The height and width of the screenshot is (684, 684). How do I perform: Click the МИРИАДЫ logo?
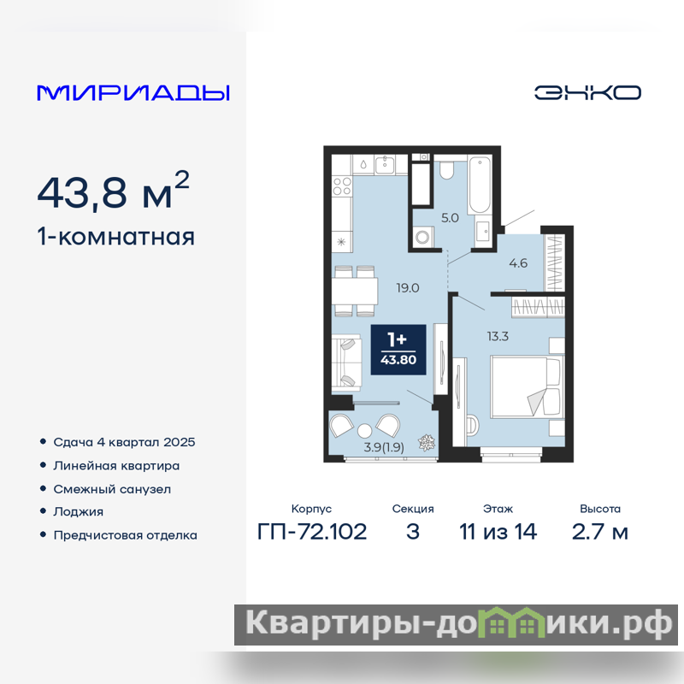tap(133, 92)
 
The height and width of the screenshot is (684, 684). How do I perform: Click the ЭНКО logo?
tap(587, 92)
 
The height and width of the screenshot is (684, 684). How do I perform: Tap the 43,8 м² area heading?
tap(114, 191)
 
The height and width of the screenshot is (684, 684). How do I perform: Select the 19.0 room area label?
tap(408, 288)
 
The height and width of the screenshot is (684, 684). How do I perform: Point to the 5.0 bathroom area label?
tap(450, 218)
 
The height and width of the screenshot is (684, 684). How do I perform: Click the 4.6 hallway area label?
tap(518, 263)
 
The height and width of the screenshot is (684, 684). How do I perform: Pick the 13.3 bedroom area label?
tap(498, 336)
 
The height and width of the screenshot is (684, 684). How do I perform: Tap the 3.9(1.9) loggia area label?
tap(384, 447)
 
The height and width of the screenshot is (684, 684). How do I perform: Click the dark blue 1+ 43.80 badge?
tap(398, 350)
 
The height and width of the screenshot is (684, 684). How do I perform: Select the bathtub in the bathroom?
tap(480, 185)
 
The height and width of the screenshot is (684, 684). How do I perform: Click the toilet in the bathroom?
tap(446, 169)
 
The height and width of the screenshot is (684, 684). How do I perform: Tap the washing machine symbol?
tap(422, 237)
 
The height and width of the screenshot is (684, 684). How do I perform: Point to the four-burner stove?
tap(342, 186)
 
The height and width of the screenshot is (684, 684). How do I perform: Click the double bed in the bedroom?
tap(526, 387)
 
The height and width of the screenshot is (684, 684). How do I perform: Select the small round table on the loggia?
tap(365, 431)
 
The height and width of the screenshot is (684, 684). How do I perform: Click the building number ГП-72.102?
tap(312, 532)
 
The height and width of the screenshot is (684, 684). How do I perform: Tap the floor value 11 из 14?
tap(498, 532)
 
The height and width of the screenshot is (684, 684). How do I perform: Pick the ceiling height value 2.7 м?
tap(600, 532)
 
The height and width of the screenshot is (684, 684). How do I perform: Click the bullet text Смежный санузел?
tap(112, 489)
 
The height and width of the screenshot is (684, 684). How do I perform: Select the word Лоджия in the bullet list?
tap(79, 511)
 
